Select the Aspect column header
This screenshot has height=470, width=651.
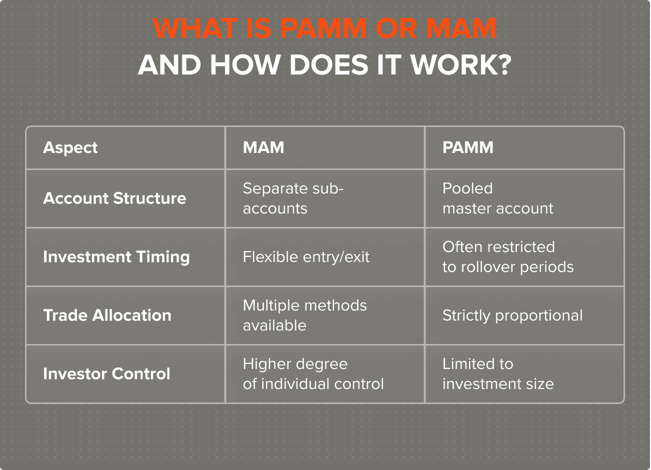pos(70,147)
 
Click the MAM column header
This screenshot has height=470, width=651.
pos(263,147)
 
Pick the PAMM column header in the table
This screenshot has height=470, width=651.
pos(467,147)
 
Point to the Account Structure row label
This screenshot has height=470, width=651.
pos(114,198)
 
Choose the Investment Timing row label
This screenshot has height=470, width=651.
pos(116,256)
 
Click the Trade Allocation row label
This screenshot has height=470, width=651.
pos(107,315)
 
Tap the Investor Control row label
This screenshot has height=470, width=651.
pos(106,373)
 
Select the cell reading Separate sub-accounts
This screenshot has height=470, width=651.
pos(293,198)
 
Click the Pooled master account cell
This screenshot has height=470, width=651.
pos(497,198)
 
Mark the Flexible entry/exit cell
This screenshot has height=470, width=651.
pos(306,257)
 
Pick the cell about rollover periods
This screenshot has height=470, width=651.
pos(507,256)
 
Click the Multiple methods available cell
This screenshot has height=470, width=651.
pos(304,315)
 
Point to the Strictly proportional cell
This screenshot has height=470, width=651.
pos(512,315)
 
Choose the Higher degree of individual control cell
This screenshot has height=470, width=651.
pos(313,373)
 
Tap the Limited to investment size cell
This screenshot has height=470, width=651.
pos(498,373)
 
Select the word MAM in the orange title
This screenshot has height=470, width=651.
pos(461,28)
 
